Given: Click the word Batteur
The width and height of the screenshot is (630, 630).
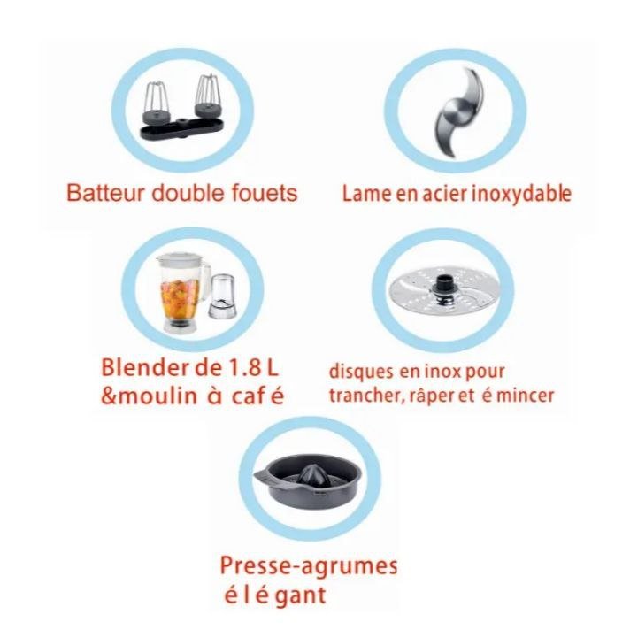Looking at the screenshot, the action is coord(105,193).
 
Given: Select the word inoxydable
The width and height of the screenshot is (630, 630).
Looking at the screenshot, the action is coord(520,194).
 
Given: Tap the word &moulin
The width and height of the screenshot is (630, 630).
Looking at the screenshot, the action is coord(149,396).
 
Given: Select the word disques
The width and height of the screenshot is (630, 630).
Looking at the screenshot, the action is coord(361,372).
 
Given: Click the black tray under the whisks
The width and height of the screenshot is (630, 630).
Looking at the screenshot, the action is coord(181,128).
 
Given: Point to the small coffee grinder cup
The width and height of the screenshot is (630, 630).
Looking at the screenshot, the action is coord(221,297).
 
